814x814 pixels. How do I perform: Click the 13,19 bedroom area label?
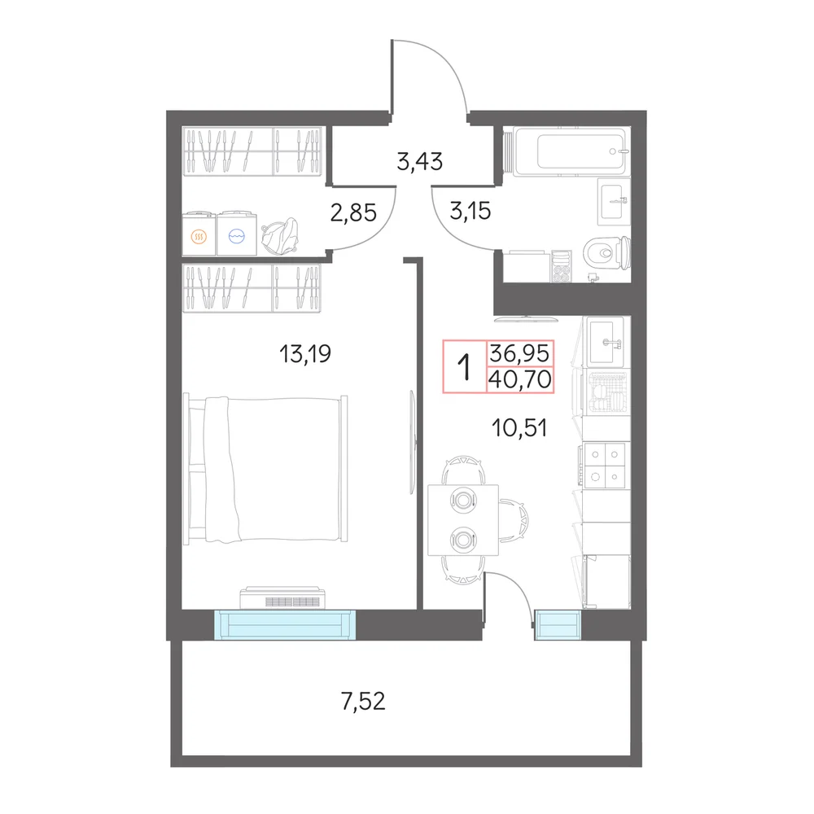305,354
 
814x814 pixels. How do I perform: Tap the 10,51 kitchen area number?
519,428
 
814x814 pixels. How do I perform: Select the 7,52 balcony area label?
363,702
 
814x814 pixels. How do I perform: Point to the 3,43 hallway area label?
419,161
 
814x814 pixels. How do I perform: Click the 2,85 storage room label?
353,212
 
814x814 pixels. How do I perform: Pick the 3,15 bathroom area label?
470,212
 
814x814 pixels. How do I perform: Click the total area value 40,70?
519,379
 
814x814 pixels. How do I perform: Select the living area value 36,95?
519,353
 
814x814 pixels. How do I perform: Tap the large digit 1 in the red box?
465,366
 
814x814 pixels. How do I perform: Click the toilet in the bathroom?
607,254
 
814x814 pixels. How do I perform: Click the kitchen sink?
606,342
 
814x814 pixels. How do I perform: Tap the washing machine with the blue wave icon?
237,234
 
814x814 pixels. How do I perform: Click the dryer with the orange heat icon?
199,234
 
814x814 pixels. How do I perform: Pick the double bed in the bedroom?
265,470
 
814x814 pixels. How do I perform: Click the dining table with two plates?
463,520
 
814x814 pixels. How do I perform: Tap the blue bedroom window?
285,624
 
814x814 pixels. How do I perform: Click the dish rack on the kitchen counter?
606,393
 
